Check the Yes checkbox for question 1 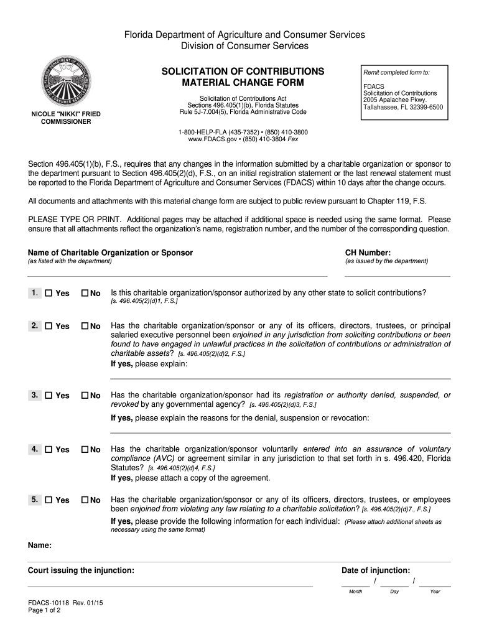pos(49,293)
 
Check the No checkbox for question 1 pos(85,293)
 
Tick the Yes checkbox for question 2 pos(49,326)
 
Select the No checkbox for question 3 pos(85,395)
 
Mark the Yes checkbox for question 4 pos(49,449)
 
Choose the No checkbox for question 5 pos(85,500)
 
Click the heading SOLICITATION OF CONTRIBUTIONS pos(243,71)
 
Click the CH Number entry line pos(397,273)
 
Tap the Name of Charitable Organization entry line pos(177,273)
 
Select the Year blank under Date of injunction pos(435,584)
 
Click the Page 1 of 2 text pos(44,610)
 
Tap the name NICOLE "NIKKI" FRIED pos(66,114)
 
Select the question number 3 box pos(34,395)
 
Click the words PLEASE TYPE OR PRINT pos(75,220)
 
